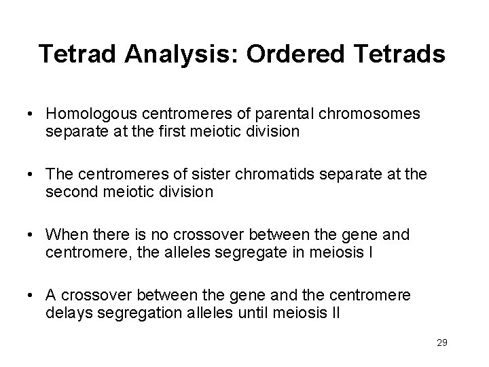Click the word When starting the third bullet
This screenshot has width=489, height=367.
click(x=65, y=235)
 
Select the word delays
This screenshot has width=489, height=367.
click(x=66, y=314)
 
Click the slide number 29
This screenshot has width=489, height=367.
click(x=442, y=343)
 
